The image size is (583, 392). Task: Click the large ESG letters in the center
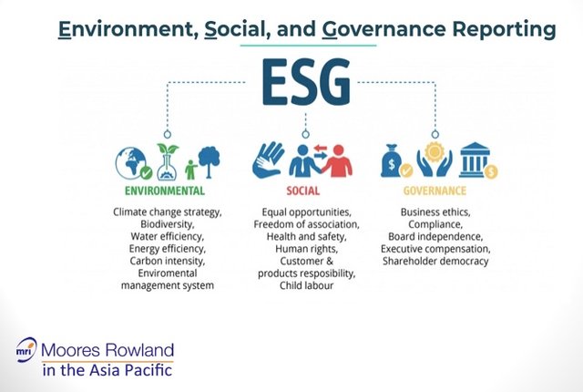tap(306, 81)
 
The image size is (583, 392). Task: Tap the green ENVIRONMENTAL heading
tap(165, 191)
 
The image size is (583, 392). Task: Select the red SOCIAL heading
tap(303, 191)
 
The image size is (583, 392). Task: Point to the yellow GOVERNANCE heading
tap(435, 191)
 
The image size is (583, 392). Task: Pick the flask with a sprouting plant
tap(168, 162)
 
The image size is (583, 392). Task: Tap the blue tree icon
tap(209, 161)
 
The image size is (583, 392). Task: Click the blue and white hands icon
tap(268, 160)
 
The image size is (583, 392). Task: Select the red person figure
tap(337, 160)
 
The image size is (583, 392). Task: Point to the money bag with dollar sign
tap(393, 160)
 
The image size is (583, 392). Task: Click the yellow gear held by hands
tap(435, 151)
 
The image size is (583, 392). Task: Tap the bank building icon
tap(475, 160)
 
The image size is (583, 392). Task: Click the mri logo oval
tap(26, 349)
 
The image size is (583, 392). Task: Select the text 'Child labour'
tap(306, 285)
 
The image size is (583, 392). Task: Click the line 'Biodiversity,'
tap(168, 224)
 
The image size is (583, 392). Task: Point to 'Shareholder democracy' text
tap(435, 261)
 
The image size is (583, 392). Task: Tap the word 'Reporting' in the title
tap(504, 29)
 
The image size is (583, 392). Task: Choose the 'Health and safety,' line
tap(306, 236)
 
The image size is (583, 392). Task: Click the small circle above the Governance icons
tap(435, 134)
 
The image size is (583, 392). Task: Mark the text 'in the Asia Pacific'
tap(107, 370)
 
